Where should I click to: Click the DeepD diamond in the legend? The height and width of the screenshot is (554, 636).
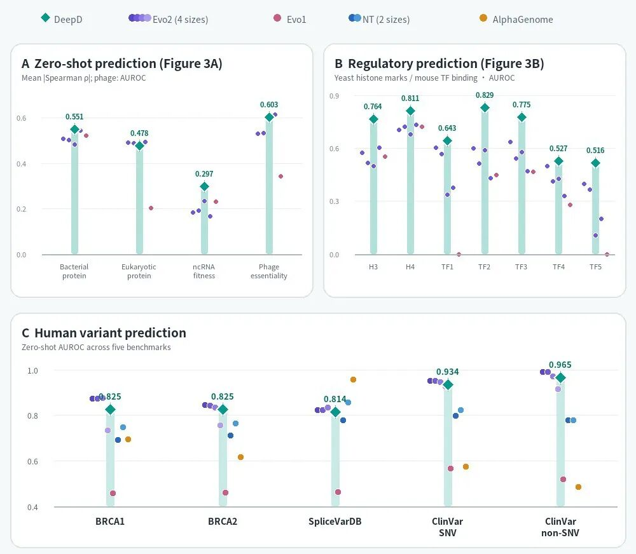pos(45,17)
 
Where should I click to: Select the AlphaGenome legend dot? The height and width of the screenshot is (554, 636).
pos(483,18)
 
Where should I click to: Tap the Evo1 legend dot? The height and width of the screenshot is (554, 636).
pos(277,18)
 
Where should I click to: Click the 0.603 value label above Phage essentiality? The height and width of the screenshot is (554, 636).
pos(269,105)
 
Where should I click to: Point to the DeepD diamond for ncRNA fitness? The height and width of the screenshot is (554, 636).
pos(204,186)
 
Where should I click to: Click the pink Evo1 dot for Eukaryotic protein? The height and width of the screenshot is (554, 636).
pos(151,208)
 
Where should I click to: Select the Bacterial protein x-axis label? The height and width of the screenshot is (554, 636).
pos(74,271)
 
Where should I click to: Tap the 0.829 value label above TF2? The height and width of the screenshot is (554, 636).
pos(485,95)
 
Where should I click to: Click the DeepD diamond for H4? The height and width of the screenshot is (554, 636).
pos(410,111)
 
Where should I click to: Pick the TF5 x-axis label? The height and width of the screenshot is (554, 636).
pos(595,267)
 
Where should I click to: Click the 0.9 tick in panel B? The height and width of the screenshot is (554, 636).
pos(335,96)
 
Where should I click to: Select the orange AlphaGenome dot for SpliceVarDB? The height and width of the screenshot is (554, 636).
pos(353,380)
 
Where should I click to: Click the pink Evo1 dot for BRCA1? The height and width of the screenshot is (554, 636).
pos(113,493)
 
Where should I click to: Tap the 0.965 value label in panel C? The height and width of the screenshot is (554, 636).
pos(560,365)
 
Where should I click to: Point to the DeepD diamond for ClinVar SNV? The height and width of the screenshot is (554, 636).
pos(448,384)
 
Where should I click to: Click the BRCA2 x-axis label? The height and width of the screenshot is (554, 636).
pos(223,521)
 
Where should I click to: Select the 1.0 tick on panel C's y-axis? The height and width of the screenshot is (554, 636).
pos(32,370)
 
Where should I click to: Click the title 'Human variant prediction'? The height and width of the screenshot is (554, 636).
pos(110,333)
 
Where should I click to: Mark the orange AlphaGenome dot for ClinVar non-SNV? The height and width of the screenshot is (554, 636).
pos(578,487)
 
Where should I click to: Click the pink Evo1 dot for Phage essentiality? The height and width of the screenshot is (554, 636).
pos(280,176)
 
